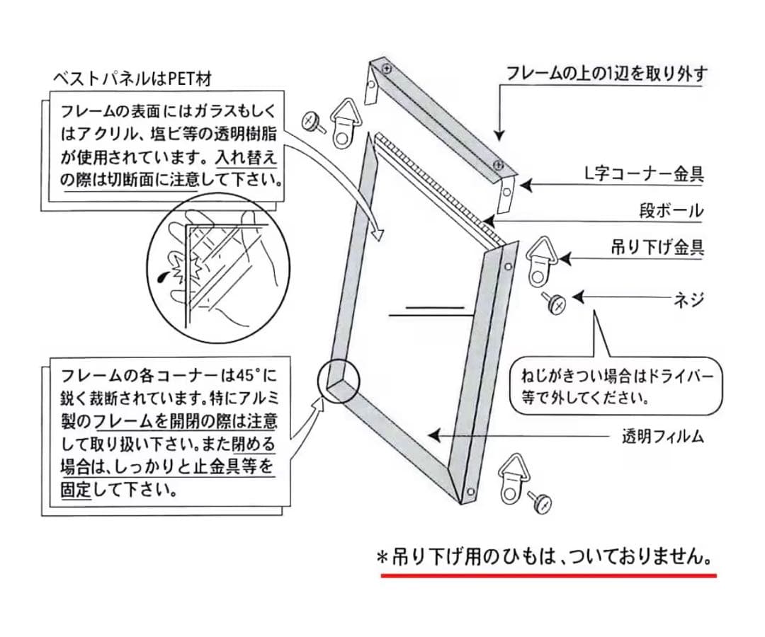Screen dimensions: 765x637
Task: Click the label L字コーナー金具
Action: [x=644, y=174]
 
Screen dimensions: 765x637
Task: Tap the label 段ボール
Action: [x=671, y=211]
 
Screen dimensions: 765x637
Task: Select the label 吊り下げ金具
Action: [x=657, y=248]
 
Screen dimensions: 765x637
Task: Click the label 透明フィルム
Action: [x=663, y=436]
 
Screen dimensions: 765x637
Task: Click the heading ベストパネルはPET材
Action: [x=132, y=79]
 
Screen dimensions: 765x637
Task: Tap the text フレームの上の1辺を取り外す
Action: [x=607, y=74]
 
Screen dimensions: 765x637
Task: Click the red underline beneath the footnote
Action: [x=548, y=575]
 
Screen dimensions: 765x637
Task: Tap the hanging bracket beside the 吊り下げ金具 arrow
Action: [x=539, y=261]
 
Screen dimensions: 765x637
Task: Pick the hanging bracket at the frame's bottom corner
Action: [x=511, y=480]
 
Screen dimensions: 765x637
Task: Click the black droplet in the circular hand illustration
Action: [x=162, y=278]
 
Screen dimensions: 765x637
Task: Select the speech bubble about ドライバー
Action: [x=616, y=386]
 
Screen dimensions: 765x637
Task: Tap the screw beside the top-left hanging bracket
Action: [x=314, y=121]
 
